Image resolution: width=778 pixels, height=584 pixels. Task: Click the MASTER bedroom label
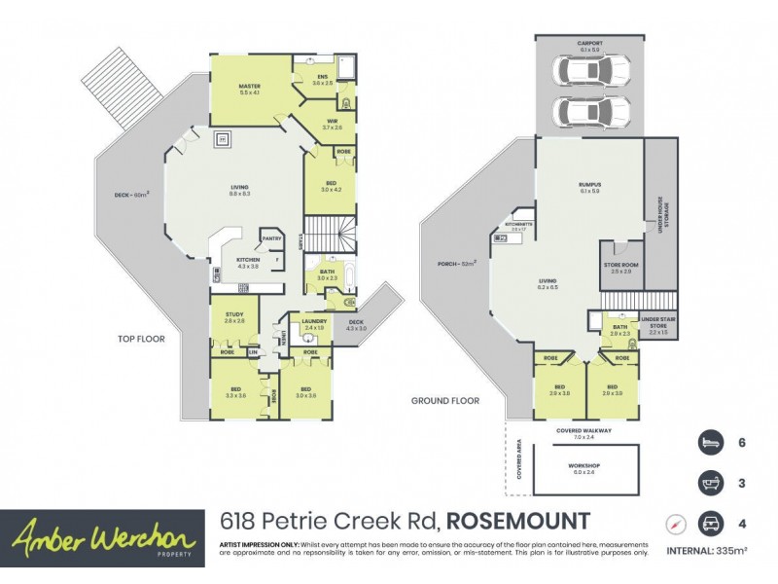coord(250,88)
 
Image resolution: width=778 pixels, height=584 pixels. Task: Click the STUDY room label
coord(234,315)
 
